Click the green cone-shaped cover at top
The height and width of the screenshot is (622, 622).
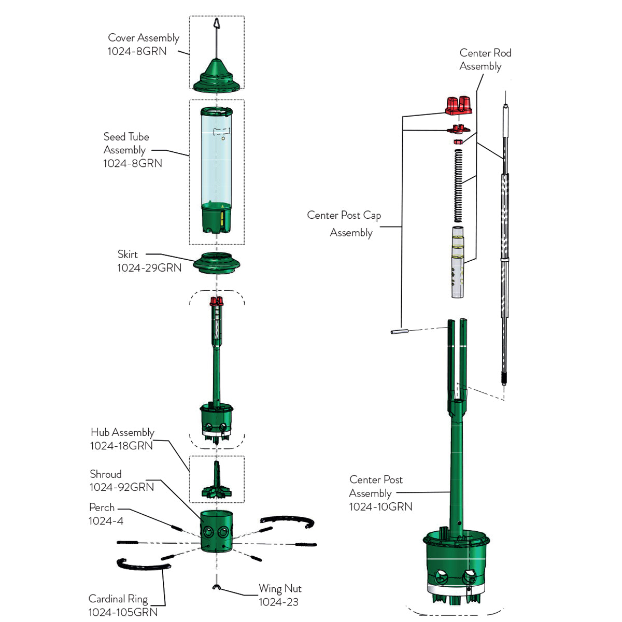pos(216,75)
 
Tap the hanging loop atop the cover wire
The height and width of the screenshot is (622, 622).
pos(217,23)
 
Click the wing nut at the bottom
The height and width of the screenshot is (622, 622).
pos(216,587)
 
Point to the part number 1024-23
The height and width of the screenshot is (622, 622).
pos(278,602)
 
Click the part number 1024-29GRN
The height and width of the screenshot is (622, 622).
pos(149,267)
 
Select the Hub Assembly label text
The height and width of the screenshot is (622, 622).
pos(122,432)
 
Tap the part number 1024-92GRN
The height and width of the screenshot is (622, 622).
pos(122,487)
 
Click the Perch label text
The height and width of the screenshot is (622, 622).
pos(102,507)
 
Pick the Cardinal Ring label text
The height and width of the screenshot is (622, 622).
pos(118,599)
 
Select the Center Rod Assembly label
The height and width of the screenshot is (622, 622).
pos(485,60)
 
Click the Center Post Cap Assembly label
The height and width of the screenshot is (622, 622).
pos(344,223)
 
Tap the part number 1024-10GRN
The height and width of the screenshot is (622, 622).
pos(380,506)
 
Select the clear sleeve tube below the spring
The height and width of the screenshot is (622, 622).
pos(458,262)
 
